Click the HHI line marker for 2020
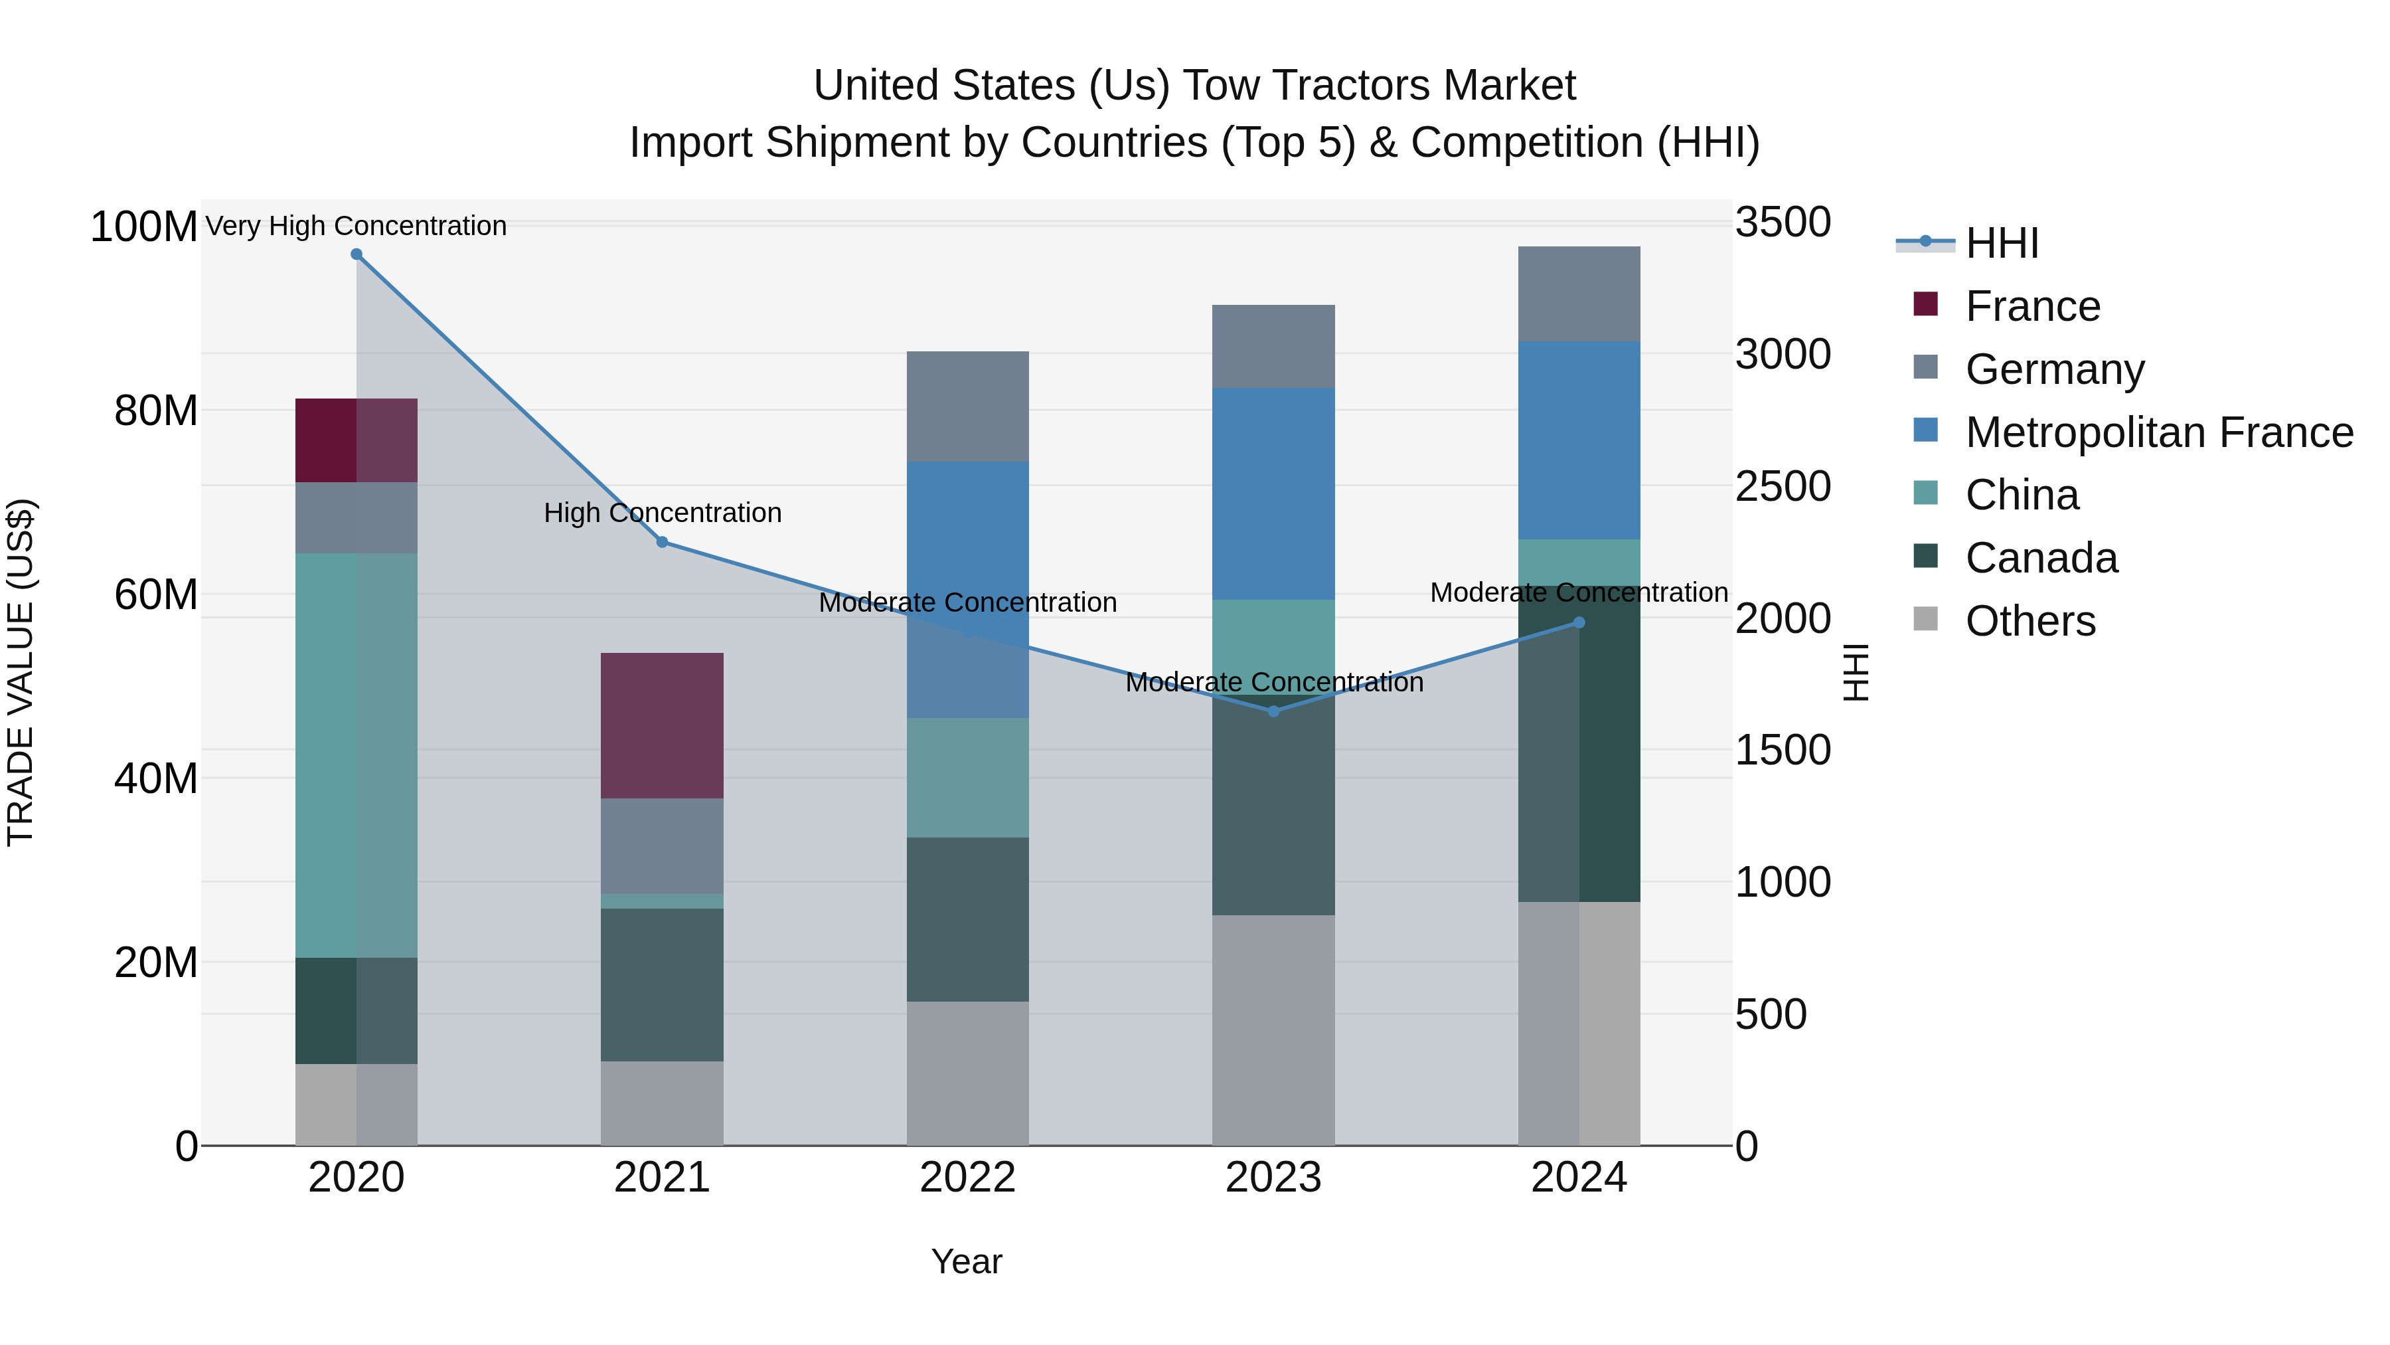click(357, 254)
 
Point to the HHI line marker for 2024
click(1579, 623)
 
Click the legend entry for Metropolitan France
click(2158, 432)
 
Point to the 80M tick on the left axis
click(155, 410)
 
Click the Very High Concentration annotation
click(357, 226)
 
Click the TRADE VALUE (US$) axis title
click(21, 672)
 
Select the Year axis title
click(967, 1261)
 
